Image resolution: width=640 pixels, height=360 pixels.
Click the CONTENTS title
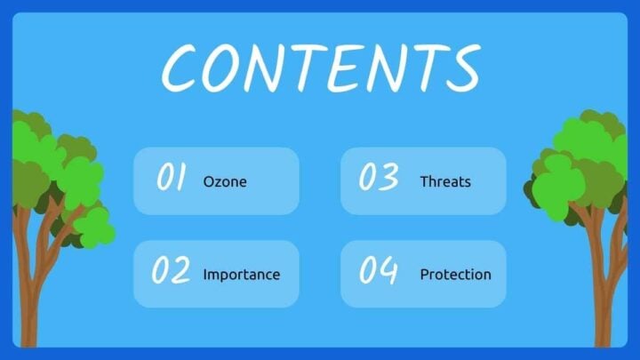coord(320,66)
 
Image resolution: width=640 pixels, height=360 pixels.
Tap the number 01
coord(172,178)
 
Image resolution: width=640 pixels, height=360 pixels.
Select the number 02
coord(171,270)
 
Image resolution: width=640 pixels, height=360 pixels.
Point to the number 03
coord(378,178)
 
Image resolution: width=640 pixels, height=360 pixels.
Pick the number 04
coord(378,270)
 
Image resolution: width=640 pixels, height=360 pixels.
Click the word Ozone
coord(225,181)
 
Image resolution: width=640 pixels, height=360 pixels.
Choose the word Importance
coord(241,275)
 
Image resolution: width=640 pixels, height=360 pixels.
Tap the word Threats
coord(445,181)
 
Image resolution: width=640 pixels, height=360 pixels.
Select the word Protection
coord(455,275)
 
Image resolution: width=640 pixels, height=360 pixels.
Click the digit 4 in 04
coord(388,270)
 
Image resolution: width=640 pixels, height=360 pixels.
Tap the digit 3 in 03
coord(388,178)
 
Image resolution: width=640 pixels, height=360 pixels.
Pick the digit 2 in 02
coord(180,270)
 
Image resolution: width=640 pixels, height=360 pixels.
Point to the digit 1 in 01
coord(180,178)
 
